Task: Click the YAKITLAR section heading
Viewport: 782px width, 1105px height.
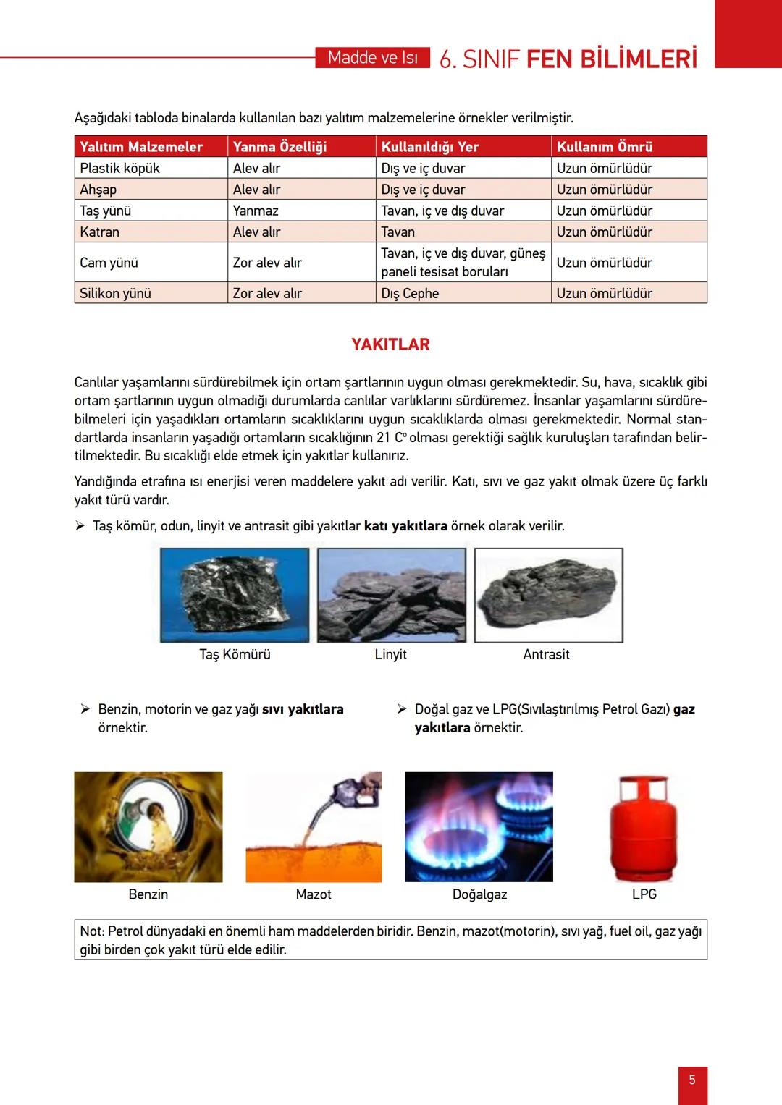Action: coord(390,344)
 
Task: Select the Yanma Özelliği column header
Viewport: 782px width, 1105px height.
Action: coord(279,147)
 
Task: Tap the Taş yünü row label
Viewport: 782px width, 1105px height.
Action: coord(106,211)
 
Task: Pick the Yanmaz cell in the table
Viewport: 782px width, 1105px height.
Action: coord(256,211)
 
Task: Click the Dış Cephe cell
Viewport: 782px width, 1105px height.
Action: coord(410,293)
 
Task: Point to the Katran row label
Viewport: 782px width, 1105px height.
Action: coord(100,232)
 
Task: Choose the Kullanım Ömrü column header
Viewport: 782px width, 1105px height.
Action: coord(605,147)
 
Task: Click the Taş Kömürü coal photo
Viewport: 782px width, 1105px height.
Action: coord(235,595)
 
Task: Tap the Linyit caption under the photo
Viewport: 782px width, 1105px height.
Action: coord(390,654)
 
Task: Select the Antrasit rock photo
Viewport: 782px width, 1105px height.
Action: coord(548,595)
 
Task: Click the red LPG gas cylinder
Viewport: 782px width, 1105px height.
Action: coord(644,828)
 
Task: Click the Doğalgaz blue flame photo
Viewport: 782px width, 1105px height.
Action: coord(479,827)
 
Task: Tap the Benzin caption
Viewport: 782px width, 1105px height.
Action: coord(148,894)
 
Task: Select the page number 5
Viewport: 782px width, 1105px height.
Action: coord(692,1080)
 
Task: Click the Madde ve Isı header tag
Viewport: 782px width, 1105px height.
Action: coord(373,58)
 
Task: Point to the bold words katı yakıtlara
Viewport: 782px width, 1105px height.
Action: coord(405,526)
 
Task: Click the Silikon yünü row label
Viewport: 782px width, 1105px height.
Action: coord(116,293)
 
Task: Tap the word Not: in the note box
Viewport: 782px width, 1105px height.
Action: coord(92,931)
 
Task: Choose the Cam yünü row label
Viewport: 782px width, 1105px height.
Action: coord(109,263)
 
